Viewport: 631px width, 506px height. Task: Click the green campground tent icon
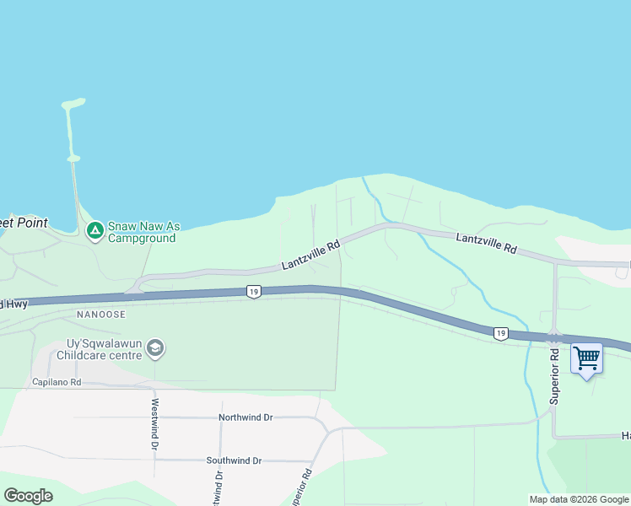[x=95, y=229]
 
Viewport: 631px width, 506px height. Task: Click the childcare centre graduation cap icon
[x=155, y=347]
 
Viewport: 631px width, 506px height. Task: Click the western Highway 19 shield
[x=253, y=292]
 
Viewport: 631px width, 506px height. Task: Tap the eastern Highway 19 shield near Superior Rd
[x=501, y=334]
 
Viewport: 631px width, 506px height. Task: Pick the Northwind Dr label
[x=245, y=417]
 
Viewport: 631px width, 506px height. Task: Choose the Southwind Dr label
[x=234, y=460]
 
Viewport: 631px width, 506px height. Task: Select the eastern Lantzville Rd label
[x=486, y=244]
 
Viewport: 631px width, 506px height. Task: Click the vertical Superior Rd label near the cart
[x=554, y=377]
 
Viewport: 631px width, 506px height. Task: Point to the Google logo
[x=29, y=495]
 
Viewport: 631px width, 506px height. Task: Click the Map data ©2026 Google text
[x=578, y=499]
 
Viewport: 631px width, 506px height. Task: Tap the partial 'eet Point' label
[x=23, y=223]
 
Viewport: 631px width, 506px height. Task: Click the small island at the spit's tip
[x=73, y=105]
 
